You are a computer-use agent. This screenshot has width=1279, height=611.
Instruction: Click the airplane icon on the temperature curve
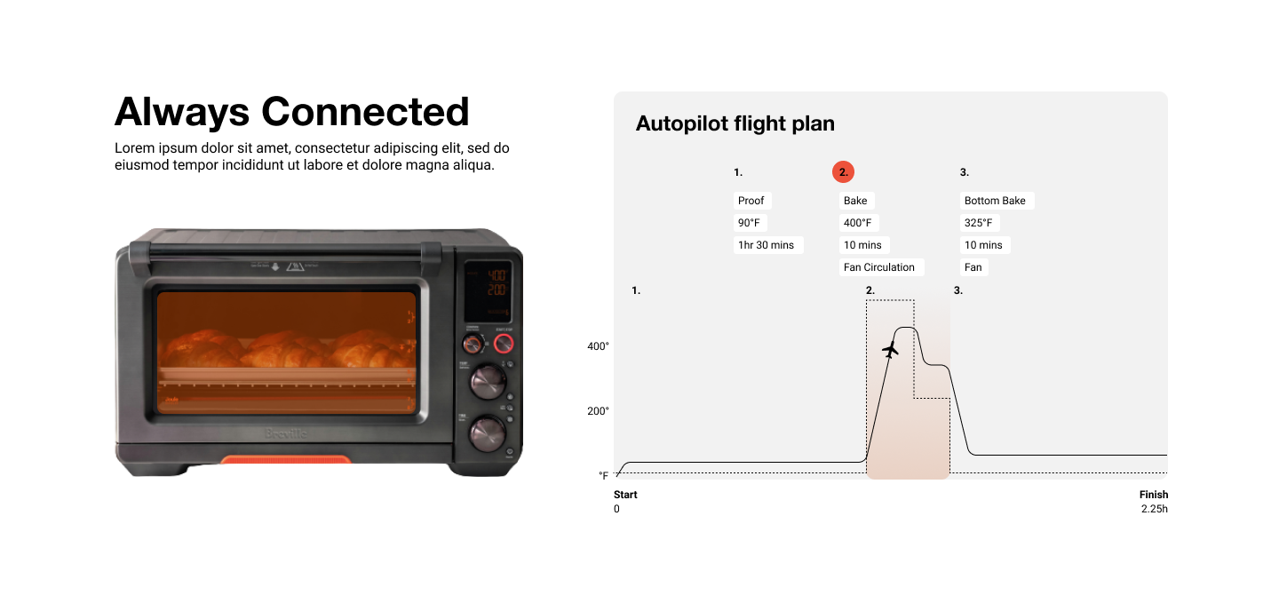891,350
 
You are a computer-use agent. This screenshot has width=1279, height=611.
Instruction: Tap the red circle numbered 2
843,172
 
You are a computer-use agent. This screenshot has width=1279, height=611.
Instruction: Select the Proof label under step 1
751,201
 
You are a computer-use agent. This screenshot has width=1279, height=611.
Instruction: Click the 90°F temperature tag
749,223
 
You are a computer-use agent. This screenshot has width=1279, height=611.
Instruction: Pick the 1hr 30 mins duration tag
767,245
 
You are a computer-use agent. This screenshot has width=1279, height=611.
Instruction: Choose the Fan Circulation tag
879,267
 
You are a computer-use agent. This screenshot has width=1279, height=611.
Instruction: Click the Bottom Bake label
995,201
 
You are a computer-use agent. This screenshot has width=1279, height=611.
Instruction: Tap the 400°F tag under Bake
858,223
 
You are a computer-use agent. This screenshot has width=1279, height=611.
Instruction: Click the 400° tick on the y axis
598,346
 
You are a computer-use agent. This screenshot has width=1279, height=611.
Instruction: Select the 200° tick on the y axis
598,411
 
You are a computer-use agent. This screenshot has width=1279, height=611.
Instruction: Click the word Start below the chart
625,495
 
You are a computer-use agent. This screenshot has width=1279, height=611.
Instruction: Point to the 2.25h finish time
1154,509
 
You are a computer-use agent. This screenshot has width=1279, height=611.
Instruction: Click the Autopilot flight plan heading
735,123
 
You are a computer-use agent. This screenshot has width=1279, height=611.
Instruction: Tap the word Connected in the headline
365,112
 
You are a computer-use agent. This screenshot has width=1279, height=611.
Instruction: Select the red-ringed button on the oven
504,344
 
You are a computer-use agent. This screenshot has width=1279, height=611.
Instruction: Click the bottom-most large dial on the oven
488,432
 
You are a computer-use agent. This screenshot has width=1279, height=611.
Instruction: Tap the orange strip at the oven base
286,460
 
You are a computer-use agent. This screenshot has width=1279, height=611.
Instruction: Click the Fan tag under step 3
973,267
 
